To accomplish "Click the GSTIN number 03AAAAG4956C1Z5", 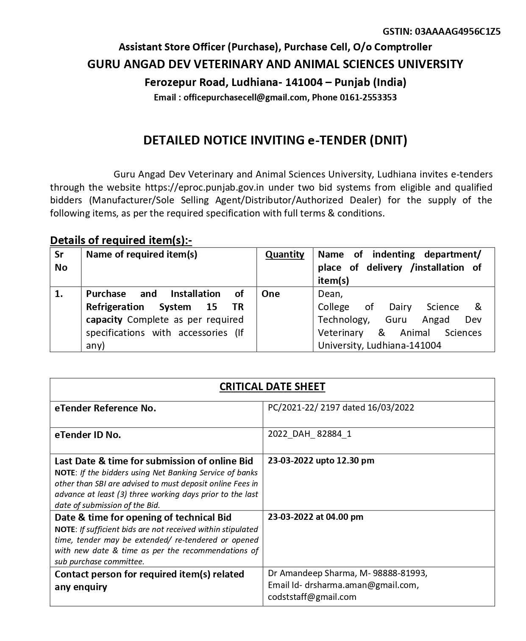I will click(x=458, y=31).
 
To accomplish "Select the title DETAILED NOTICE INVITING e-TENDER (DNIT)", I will click(x=275, y=140).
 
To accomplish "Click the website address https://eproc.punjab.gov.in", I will click(x=205, y=187).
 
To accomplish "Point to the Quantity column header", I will click(x=285, y=255).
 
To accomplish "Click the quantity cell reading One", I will click(x=270, y=294).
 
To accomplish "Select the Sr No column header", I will click(x=61, y=261).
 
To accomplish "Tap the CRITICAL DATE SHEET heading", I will click(x=272, y=387).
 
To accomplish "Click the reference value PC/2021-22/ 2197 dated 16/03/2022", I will click(x=341, y=408).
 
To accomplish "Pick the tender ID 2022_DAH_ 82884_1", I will click(x=309, y=434).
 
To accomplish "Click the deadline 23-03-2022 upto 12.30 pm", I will click(x=321, y=461).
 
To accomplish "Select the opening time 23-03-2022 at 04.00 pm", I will click(x=315, y=517).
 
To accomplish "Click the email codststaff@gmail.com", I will click(x=312, y=597).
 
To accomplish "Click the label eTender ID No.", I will click(x=88, y=435).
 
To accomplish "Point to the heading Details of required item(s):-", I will click(x=121, y=240).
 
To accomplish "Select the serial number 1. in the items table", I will click(x=59, y=294).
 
